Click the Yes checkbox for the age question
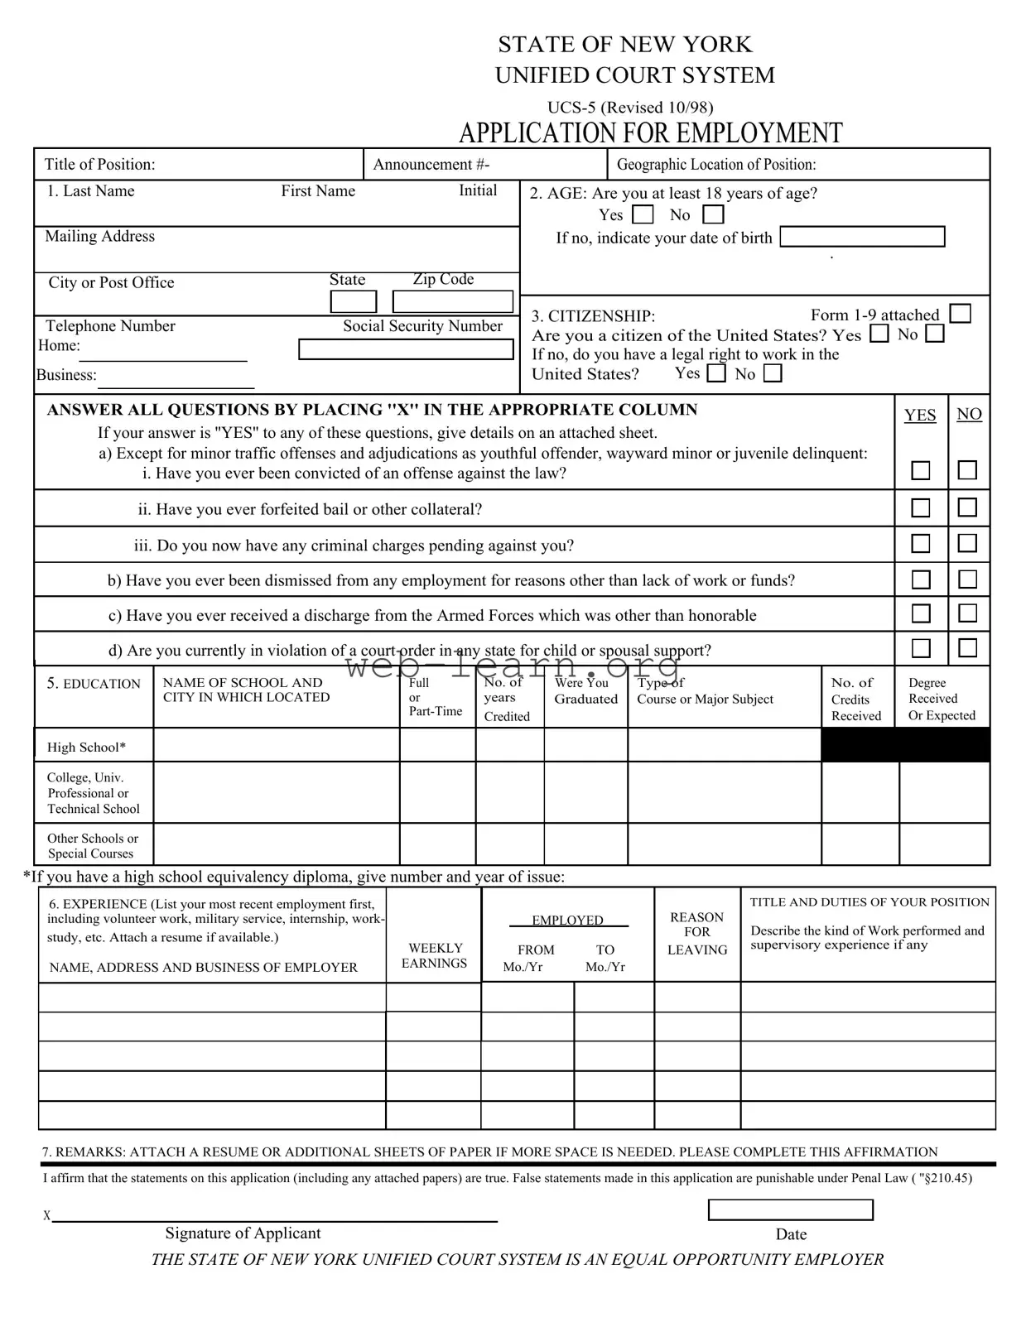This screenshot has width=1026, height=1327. pyautogui.click(x=643, y=215)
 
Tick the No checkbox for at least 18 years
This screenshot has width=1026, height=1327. pyautogui.click(x=713, y=215)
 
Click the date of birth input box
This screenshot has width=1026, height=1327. pyautogui.click(x=862, y=237)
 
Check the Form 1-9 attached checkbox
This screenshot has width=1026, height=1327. pyautogui.click(x=961, y=314)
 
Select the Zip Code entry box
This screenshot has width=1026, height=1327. pyautogui.click(x=452, y=301)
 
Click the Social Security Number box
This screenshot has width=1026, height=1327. pyautogui.click(x=406, y=349)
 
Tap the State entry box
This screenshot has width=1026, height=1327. pyautogui.click(x=354, y=301)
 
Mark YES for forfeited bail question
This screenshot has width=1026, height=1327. pyautogui.click(x=921, y=507)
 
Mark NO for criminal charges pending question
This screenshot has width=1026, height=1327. pyautogui.click(x=967, y=543)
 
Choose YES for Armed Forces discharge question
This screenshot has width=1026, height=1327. pyautogui.click(x=921, y=613)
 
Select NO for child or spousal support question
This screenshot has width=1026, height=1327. pyautogui.click(x=967, y=647)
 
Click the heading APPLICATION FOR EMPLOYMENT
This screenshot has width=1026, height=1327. pyautogui.click(x=650, y=132)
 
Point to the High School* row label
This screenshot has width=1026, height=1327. pyautogui.click(x=86, y=748)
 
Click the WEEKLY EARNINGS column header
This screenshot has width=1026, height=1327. pyautogui.click(x=435, y=955)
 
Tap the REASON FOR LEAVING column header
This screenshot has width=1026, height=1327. pyautogui.click(x=697, y=933)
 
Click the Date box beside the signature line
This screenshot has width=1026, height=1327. pyautogui.click(x=790, y=1209)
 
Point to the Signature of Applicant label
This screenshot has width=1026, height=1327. pyautogui.click(x=243, y=1233)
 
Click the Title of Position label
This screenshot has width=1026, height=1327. pyautogui.click(x=99, y=164)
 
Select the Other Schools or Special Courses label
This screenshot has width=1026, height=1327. pyautogui.click(x=93, y=845)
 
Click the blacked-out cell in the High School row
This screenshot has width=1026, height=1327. pyautogui.click(x=905, y=744)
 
